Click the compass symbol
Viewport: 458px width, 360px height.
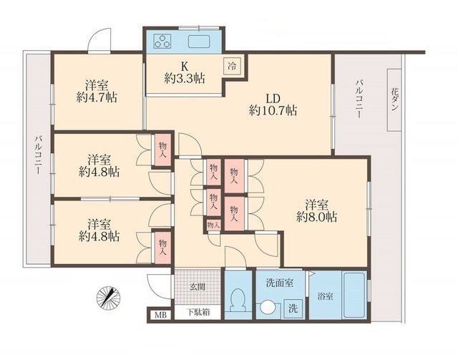(108, 296)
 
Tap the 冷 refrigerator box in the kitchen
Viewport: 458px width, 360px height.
(233, 66)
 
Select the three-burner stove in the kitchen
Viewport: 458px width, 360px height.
(162, 41)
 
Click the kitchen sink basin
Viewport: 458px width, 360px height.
(199, 42)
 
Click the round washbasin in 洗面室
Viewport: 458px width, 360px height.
(268, 308)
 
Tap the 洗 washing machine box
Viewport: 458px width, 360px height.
(293, 308)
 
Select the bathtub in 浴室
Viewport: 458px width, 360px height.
(354, 295)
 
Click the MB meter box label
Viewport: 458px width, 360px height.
(160, 315)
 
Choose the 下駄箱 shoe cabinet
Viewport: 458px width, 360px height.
(198, 312)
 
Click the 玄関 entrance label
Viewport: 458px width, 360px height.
(198, 287)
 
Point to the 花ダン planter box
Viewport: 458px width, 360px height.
(394, 100)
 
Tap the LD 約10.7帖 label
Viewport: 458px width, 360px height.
(273, 104)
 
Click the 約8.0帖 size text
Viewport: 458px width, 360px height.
(316, 217)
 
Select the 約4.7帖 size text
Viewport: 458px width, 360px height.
(97, 97)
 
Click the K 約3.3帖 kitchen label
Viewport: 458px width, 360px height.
(185, 73)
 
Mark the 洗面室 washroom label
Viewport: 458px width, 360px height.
(280, 283)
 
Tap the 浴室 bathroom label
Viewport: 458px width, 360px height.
(326, 296)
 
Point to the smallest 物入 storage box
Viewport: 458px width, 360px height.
(213, 225)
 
